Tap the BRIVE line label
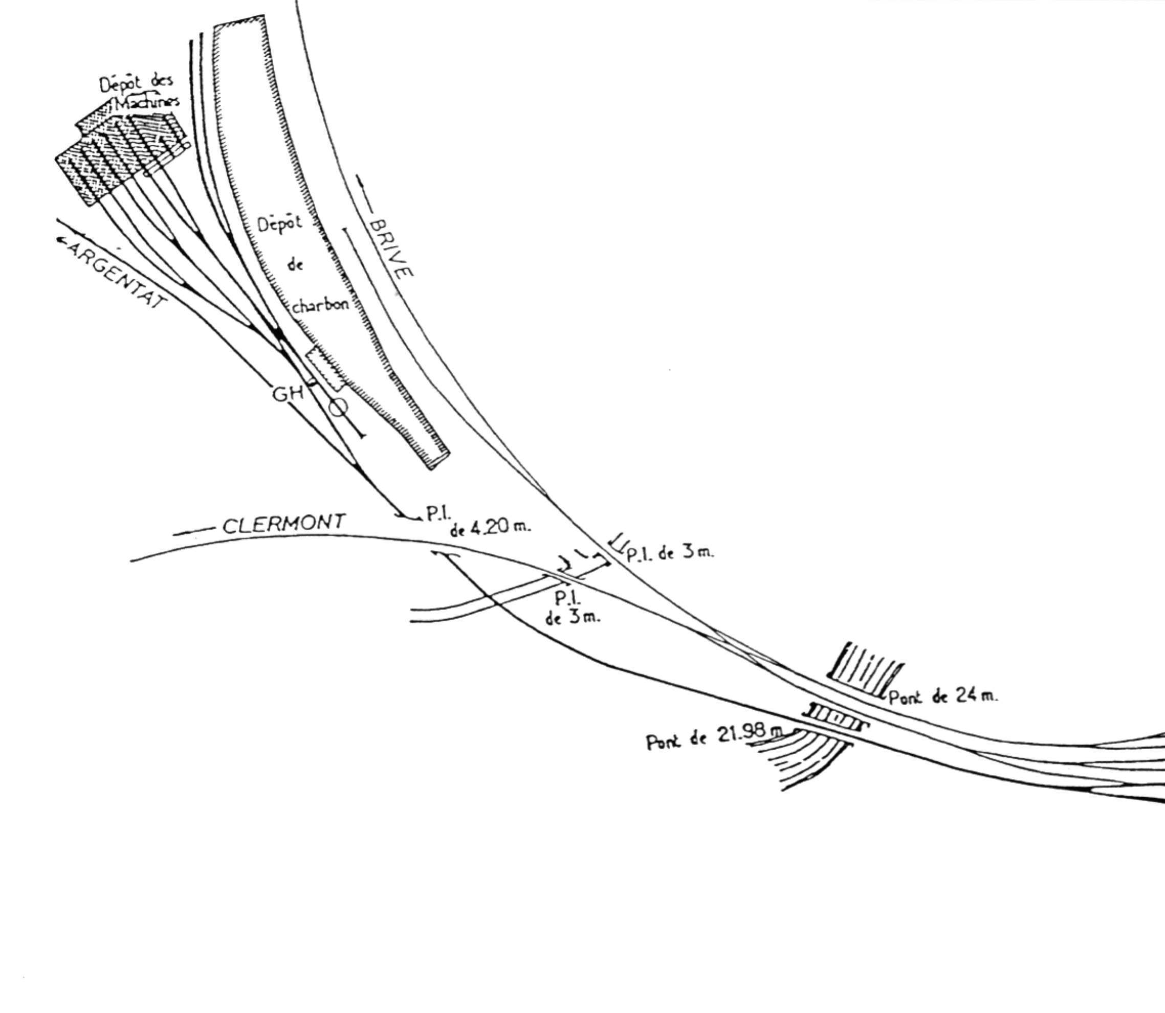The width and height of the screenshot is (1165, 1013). tap(390, 248)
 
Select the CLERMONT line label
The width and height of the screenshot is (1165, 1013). tap(284, 523)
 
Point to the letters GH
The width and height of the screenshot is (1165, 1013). tap(288, 393)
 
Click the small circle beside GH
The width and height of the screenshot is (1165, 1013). tap(338, 407)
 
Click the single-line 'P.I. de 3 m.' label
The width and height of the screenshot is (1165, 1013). tap(670, 552)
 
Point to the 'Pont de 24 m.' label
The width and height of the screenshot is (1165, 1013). tap(943, 696)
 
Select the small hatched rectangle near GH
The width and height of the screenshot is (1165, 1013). tap(325, 369)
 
